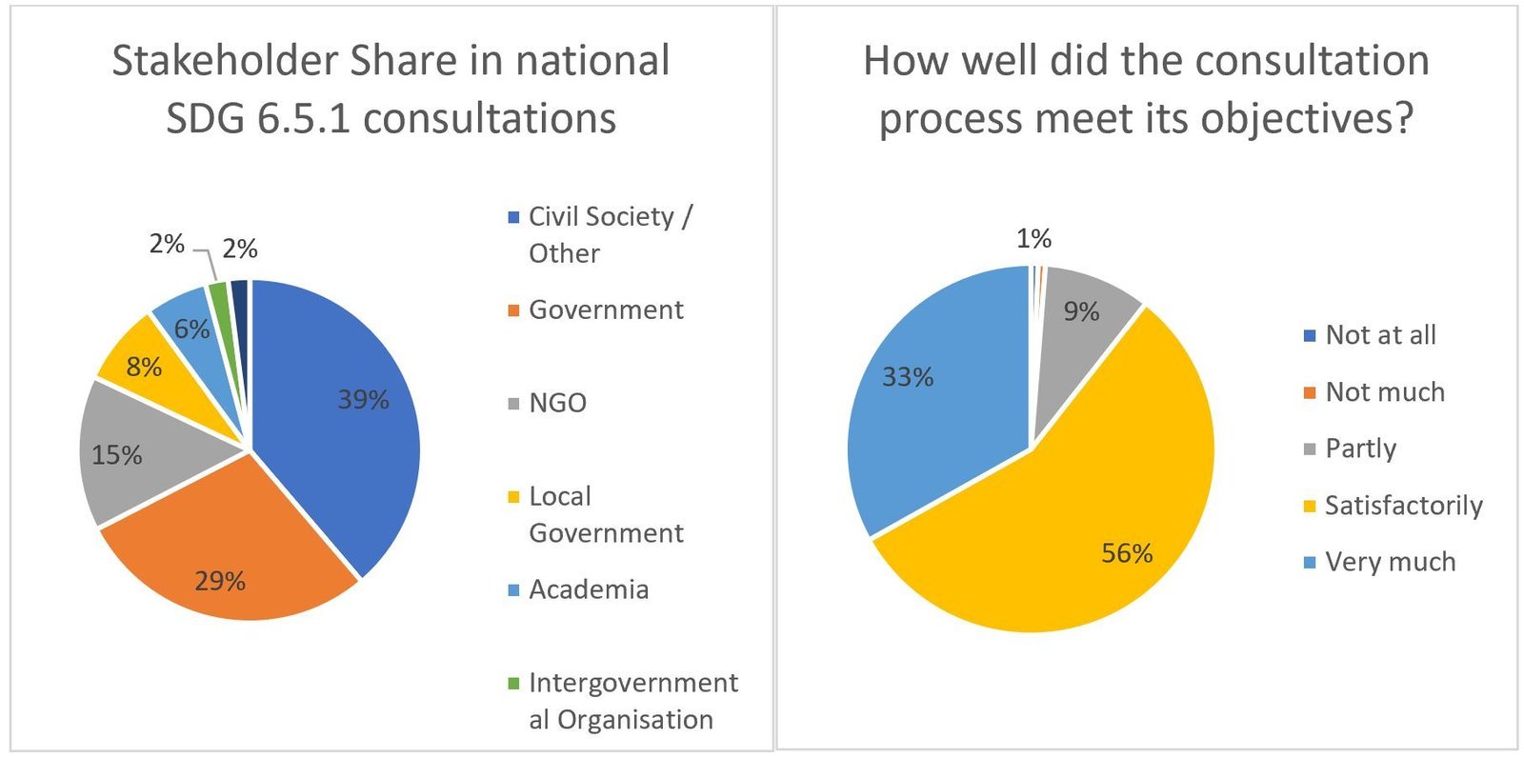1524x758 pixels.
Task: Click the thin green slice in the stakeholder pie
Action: tap(219, 295)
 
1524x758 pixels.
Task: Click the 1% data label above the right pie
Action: tap(1033, 239)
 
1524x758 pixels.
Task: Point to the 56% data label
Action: tap(1127, 553)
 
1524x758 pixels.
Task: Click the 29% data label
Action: tap(220, 581)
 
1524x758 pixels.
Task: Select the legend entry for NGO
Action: tap(557, 403)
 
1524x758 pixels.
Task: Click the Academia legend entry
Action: tap(588, 589)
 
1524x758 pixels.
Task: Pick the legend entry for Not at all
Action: tap(1379, 335)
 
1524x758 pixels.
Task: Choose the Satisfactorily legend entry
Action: tap(1402, 505)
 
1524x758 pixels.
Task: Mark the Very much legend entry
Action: tap(1390, 562)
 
